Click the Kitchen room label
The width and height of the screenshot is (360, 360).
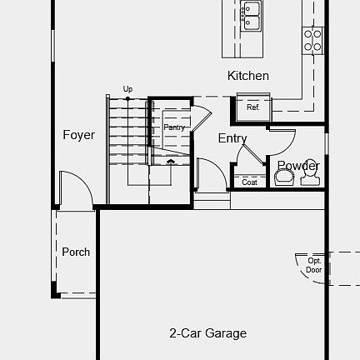click(248, 76)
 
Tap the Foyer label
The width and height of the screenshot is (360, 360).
click(79, 135)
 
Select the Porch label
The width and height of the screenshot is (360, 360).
click(76, 252)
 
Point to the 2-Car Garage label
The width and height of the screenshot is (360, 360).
click(207, 333)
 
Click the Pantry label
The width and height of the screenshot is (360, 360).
click(174, 127)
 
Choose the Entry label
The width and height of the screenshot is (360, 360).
click(232, 138)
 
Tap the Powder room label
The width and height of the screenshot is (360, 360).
click(298, 165)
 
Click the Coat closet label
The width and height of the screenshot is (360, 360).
click(250, 182)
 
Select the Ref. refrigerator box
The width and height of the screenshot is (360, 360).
click(252, 107)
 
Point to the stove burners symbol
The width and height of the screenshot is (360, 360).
click(312, 38)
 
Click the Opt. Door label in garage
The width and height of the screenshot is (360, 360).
click(313, 266)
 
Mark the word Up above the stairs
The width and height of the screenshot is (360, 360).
click(127, 88)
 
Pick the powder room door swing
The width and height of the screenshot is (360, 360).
click(282, 140)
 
